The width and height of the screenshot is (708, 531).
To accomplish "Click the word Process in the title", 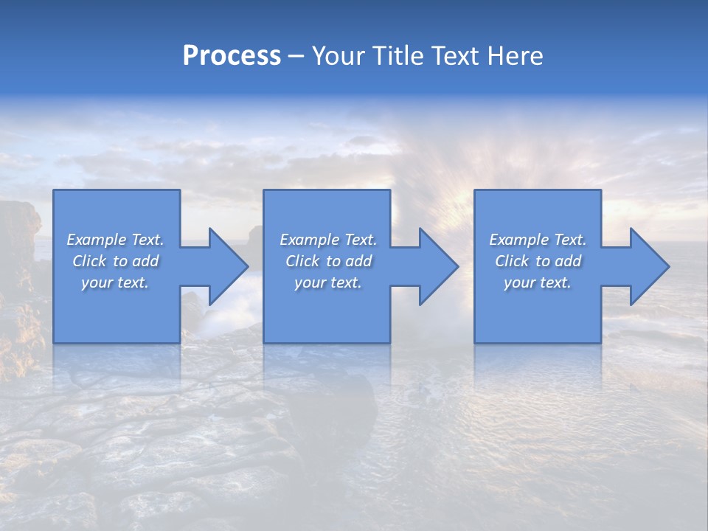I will pyautogui.click(x=232, y=56).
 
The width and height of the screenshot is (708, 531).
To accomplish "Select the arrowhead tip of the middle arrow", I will pyautogui.click(x=457, y=266).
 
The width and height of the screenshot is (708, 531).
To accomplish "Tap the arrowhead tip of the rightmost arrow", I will pyautogui.click(x=668, y=266).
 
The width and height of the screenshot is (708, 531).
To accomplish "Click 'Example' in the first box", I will pyautogui.click(x=96, y=240).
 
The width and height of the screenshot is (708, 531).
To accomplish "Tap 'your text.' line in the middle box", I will pyautogui.click(x=327, y=283).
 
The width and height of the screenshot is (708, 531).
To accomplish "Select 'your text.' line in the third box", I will pyautogui.click(x=537, y=283).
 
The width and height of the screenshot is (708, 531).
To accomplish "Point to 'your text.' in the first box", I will pyautogui.click(x=114, y=283).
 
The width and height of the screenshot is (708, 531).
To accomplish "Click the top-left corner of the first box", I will pyautogui.click(x=54, y=190).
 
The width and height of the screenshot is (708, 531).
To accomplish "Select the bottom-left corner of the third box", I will pyautogui.click(x=475, y=342).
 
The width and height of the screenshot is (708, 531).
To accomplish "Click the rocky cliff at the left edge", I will pyautogui.click(x=18, y=243).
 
